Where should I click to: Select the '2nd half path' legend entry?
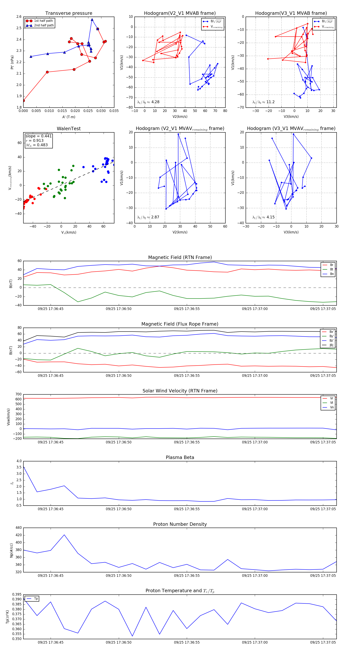pyautogui.click(x=44, y=25)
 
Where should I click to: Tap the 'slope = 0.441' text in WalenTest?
pyautogui.click(x=38, y=136)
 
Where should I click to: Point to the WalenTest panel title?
pyautogui.click(x=69, y=129)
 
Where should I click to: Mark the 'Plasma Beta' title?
pyautogui.click(x=180, y=458)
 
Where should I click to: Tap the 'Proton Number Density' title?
pyautogui.click(x=180, y=524)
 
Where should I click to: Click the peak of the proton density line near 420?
pyautogui.click(x=64, y=535)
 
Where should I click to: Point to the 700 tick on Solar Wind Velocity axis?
pyautogui.click(x=18, y=394)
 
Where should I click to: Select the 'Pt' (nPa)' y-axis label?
pyautogui.click(x=12, y=62)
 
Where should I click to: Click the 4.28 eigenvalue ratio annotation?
pyautogui.click(x=155, y=102)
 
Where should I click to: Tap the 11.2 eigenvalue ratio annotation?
pyautogui.click(x=270, y=102)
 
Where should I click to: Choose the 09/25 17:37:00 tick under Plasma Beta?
pyautogui.click(x=255, y=509)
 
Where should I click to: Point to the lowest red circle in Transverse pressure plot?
pyautogui.click(x=24, y=101)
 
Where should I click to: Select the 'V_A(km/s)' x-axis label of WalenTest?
pyautogui.click(x=69, y=232)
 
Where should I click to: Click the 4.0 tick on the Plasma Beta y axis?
pyautogui.click(x=19, y=461)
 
